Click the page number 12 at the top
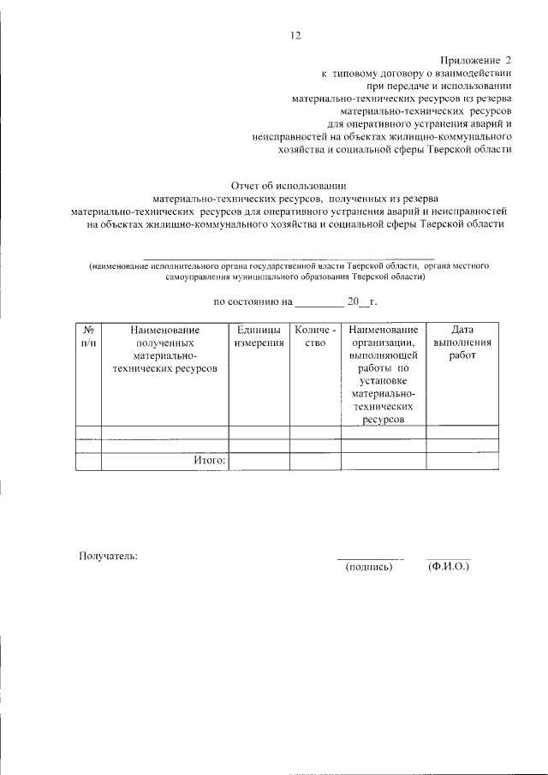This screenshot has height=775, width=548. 295,35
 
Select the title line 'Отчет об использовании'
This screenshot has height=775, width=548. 288,185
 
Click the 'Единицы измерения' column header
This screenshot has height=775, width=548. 259,337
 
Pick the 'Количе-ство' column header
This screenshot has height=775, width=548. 315,337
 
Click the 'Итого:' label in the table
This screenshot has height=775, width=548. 208,461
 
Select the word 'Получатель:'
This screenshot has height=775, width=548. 109,556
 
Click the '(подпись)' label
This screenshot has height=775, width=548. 369,566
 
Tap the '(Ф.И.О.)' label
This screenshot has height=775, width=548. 448,566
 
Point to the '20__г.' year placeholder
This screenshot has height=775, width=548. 361,301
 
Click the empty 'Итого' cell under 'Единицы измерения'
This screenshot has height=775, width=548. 259,462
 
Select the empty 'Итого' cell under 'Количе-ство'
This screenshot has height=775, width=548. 315,462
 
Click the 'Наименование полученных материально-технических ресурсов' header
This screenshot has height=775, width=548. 164,349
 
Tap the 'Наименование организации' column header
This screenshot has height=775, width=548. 384,374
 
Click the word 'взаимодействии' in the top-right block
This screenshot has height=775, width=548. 468,74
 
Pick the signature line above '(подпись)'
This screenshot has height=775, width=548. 369,558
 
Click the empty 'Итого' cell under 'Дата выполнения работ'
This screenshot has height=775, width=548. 462,462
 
